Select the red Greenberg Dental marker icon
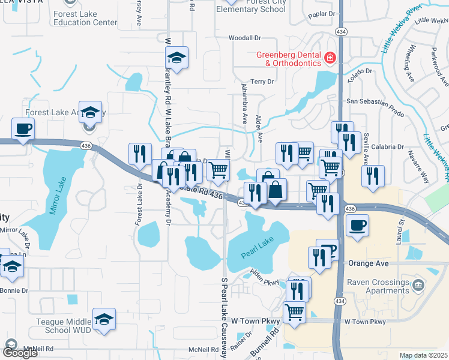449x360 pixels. pos(330,58)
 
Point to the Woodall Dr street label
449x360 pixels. pos(244,38)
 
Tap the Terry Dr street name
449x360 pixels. pos(262,81)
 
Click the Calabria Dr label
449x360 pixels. pos(387,147)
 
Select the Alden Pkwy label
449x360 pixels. pos(265,277)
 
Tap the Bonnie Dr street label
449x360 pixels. pos(15,291)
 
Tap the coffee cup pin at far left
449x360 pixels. pos(23,128)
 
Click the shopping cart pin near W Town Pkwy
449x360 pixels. pos(294,311)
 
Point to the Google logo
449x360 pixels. pos(20,353)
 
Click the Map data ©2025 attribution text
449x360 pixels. pos(423,355)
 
